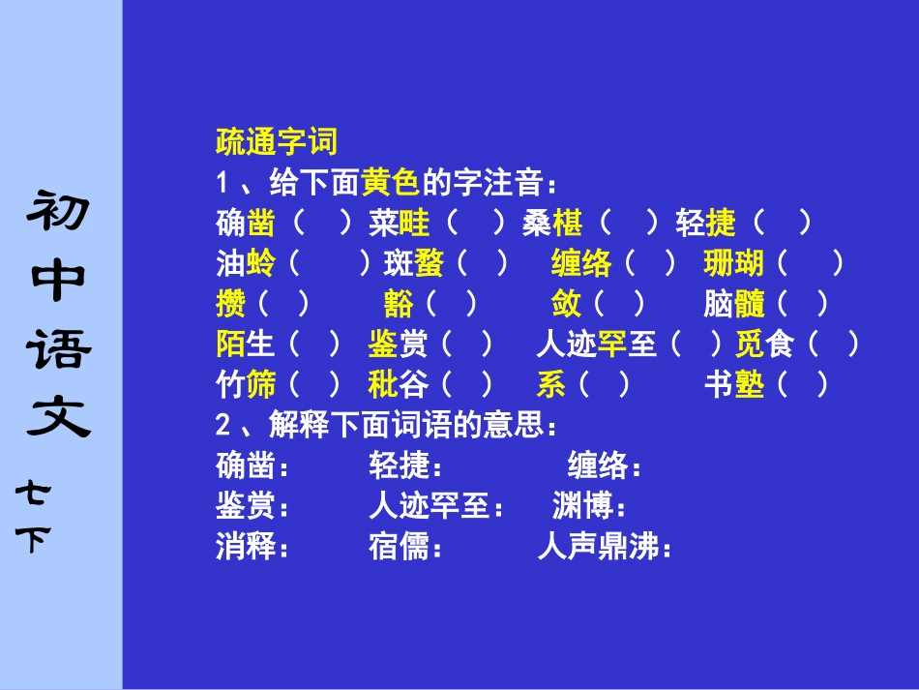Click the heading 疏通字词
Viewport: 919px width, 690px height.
tap(277, 142)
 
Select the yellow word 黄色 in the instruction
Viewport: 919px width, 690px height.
tap(390, 182)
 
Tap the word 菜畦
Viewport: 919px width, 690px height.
tap(400, 224)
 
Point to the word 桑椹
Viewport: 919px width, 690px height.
tap(552, 224)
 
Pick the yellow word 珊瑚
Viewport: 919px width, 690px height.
tap(734, 263)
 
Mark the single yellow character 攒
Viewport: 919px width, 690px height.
tap(231, 304)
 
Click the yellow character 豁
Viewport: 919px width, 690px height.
tap(399, 304)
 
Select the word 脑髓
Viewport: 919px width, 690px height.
tap(734, 304)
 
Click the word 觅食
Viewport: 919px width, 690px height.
tap(764, 345)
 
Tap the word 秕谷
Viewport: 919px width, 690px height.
tap(399, 385)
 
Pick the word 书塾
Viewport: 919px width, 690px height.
tap(734, 385)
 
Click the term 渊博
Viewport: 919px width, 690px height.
tap(582, 505)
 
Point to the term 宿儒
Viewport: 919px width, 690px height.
tap(399, 548)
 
